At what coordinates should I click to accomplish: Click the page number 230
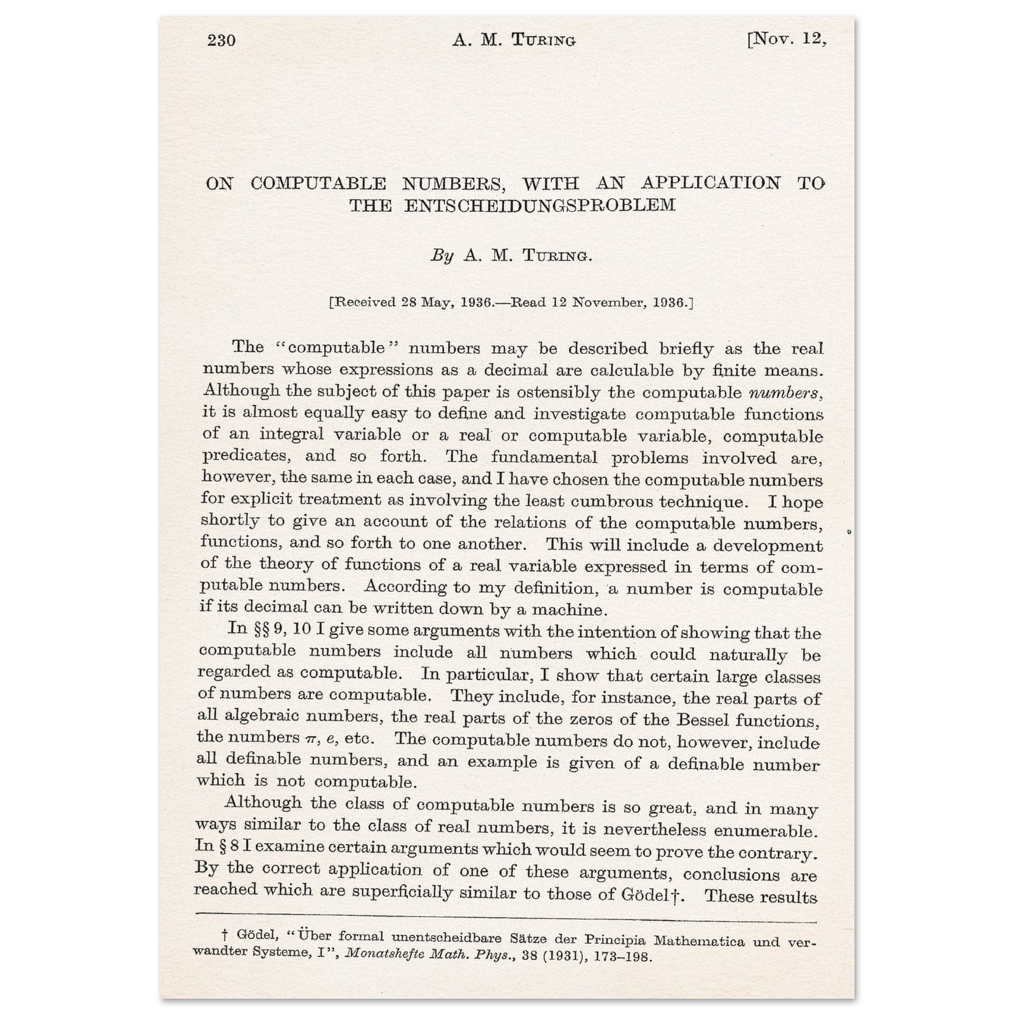pyautogui.click(x=221, y=40)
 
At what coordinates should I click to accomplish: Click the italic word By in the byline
pyautogui.click(x=442, y=256)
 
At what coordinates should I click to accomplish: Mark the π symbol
pyautogui.click(x=307, y=739)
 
